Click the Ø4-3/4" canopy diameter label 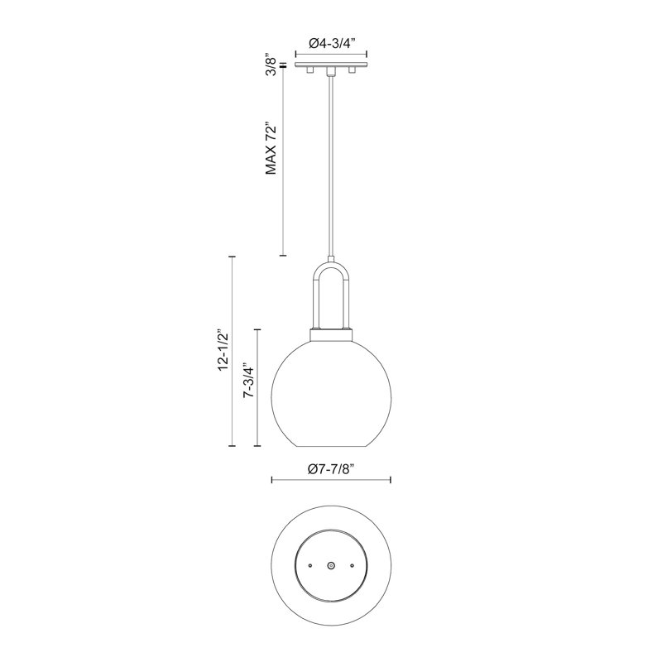point(331,43)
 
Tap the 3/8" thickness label point(269,64)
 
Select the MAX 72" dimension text point(269,149)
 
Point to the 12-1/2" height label point(220,352)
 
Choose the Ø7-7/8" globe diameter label point(332,468)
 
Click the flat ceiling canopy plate point(331,65)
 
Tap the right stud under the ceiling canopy point(352,72)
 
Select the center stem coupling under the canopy point(331,71)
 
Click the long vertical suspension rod point(331,165)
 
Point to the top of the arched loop point(331,265)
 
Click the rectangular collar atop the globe point(331,333)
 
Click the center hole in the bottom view point(331,564)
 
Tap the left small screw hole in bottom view point(310,564)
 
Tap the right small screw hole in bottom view point(352,564)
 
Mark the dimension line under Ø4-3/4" point(331,55)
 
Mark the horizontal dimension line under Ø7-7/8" point(331,480)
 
